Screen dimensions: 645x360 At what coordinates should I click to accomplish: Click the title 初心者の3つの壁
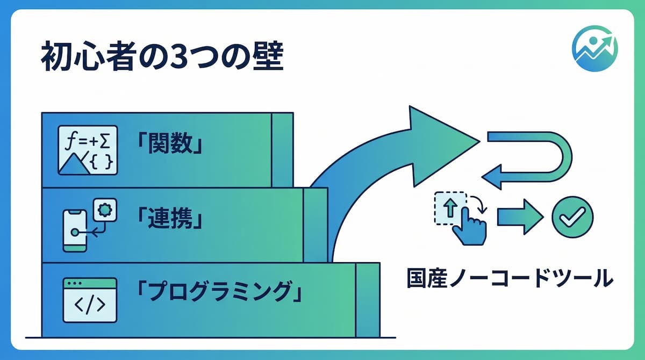coord(163,56)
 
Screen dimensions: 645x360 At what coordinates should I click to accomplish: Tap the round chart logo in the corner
coord(595,48)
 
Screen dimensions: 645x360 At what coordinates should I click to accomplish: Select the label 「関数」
coord(170,143)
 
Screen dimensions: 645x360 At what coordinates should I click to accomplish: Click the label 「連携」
coord(170,218)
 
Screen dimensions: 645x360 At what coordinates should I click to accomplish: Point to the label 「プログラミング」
coord(219,292)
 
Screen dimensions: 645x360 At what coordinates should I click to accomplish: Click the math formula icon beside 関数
coord(88,150)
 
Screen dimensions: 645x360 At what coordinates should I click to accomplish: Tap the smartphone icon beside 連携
coord(75,231)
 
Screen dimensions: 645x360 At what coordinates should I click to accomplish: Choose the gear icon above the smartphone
coord(105,210)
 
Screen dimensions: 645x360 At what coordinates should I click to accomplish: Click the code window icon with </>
coord(90,300)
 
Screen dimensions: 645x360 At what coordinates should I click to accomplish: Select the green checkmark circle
coord(572,217)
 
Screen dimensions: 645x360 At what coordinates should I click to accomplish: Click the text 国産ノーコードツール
coord(510,278)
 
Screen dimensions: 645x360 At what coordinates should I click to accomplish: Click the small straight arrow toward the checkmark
coord(520,217)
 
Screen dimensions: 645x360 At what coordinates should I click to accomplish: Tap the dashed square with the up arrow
coord(450,208)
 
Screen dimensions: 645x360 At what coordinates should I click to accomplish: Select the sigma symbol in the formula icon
coord(105,142)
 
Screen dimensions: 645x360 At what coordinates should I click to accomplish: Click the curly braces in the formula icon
coord(101,162)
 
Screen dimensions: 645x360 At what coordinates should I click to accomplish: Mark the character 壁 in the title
coord(268,56)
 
